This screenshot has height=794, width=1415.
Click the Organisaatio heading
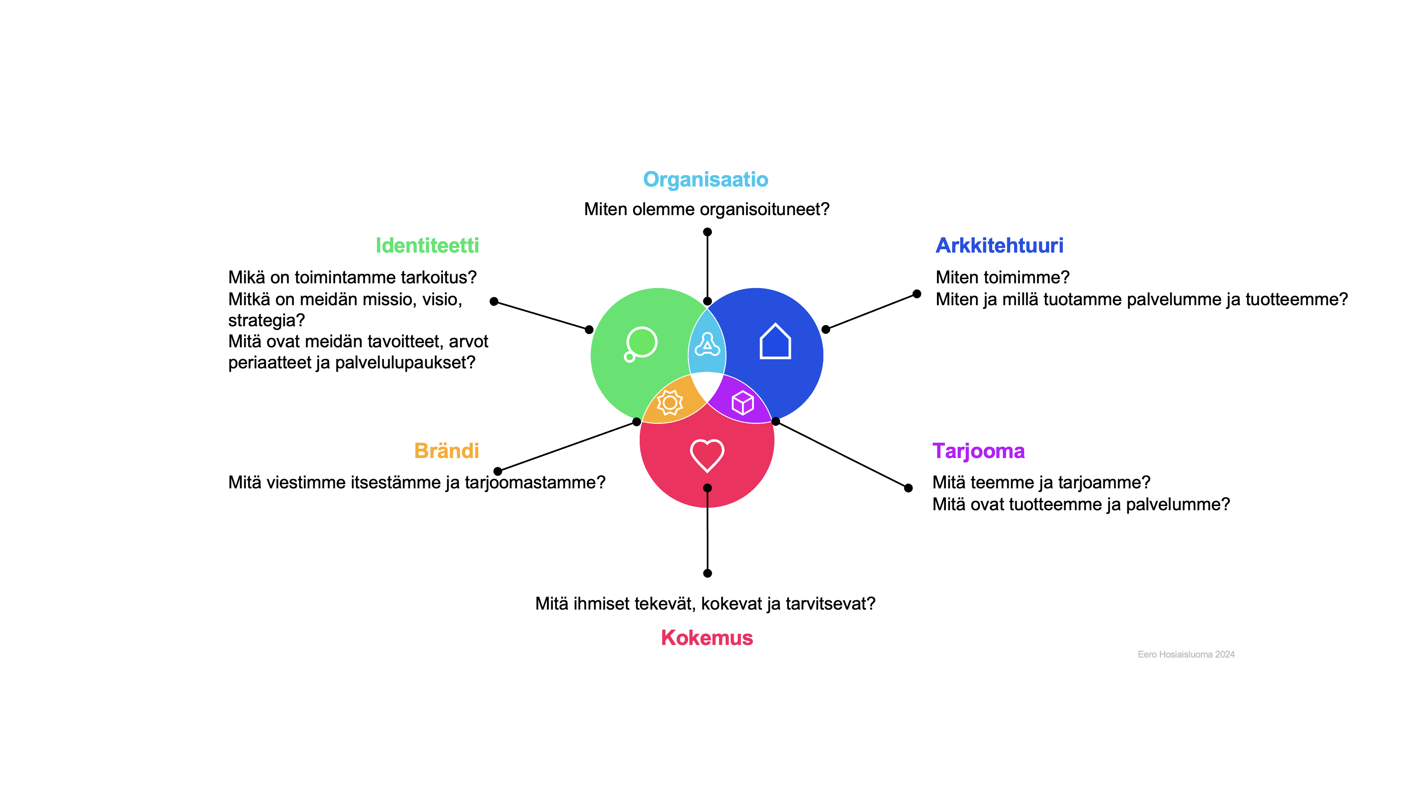[705, 180]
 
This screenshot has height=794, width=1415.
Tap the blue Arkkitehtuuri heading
[999, 245]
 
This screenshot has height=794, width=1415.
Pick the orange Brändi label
[446, 451]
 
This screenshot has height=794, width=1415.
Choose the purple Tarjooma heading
[978, 451]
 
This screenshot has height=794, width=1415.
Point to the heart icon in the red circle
[707, 455]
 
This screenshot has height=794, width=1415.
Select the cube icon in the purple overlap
[742, 402]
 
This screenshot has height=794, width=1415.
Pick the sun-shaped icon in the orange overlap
[670, 402]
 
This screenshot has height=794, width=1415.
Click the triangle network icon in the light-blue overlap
[707, 345]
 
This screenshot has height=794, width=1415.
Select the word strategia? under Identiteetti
[267, 320]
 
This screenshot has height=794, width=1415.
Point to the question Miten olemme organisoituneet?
[706, 209]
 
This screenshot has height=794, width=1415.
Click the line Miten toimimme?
[1002, 277]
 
